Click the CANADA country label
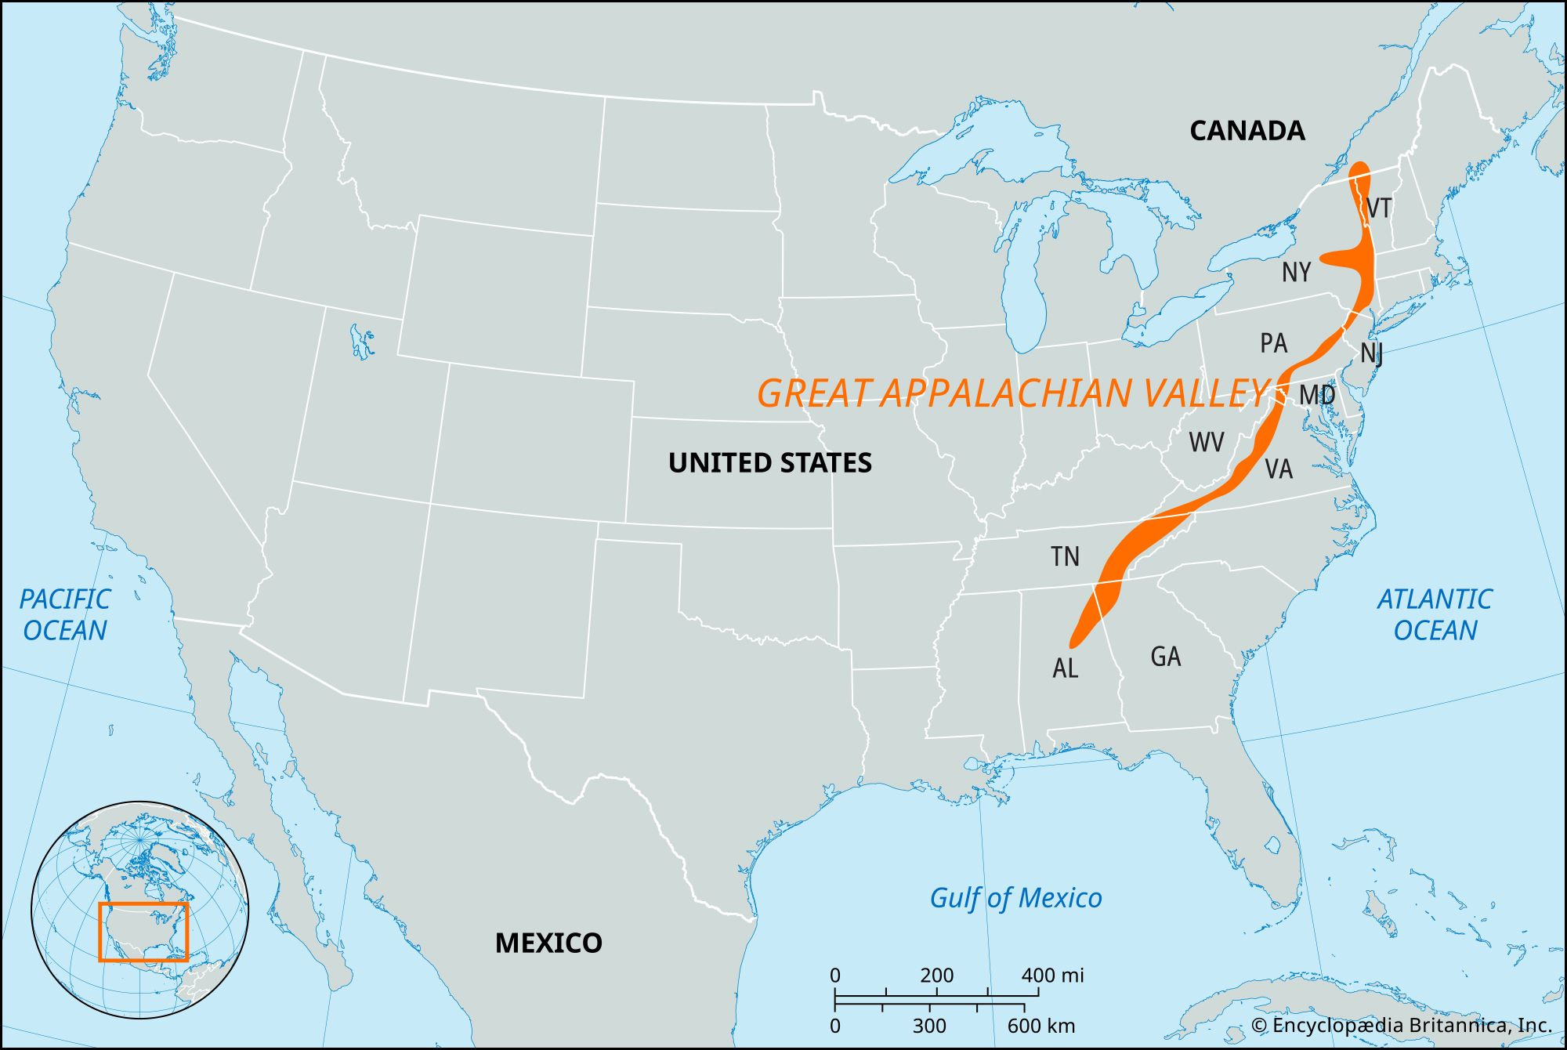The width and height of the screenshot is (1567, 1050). coord(1247,130)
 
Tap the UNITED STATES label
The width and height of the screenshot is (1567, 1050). coord(769,463)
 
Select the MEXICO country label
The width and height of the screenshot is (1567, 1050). coord(548,943)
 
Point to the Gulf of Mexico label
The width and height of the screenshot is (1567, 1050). coord(1015,898)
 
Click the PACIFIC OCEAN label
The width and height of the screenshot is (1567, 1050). coord(65,614)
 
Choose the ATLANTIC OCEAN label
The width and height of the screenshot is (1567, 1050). coord(1435,614)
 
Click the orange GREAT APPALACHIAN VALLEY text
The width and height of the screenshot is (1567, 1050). coord(1011,393)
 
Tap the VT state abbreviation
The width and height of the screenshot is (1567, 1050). coord(1378,208)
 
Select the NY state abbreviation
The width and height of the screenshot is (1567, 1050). coord(1296,273)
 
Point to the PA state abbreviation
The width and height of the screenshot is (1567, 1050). coord(1273,343)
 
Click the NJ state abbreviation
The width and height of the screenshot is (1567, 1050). coord(1371,353)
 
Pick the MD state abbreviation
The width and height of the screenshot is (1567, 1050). coord(1317,395)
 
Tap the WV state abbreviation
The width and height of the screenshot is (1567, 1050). coord(1206,442)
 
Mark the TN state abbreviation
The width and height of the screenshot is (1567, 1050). coord(1065,557)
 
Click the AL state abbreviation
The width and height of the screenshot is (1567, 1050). coord(1066,668)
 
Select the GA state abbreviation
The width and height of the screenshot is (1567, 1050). coord(1165,657)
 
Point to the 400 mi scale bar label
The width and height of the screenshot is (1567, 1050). coord(1052,976)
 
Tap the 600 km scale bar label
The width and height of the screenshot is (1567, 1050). coord(1040,1026)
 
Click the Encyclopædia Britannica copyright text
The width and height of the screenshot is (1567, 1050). coord(1401,1026)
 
